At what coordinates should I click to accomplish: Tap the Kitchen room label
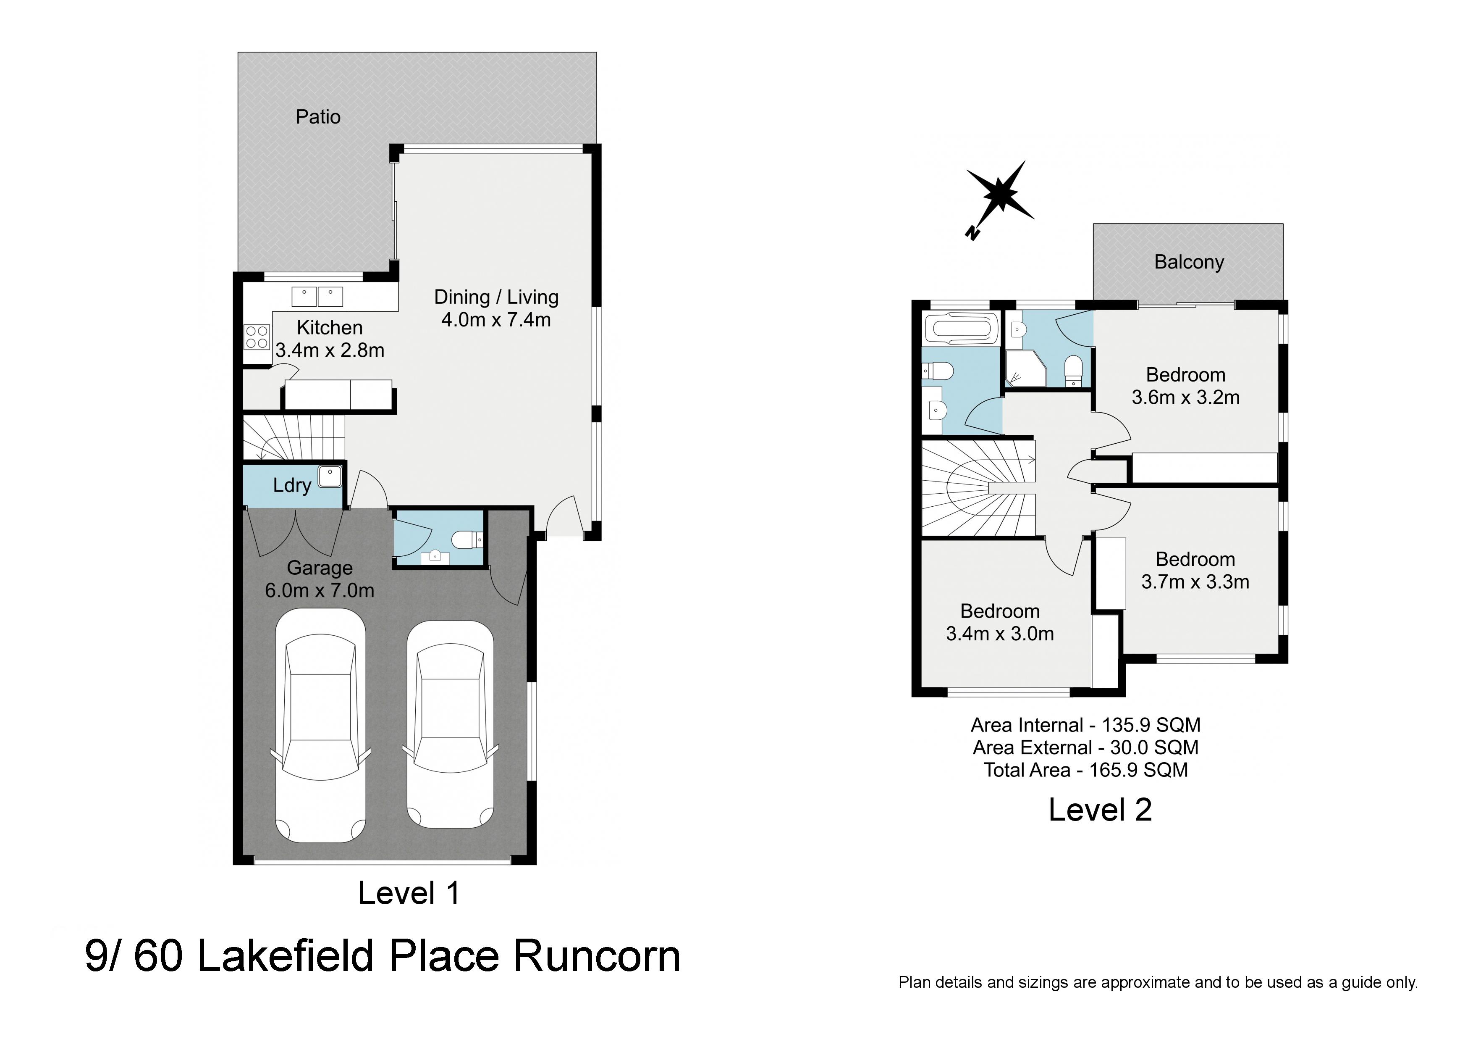coord(330,327)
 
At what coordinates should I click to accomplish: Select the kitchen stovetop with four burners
coord(257,337)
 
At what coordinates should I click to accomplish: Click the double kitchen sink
coord(317,297)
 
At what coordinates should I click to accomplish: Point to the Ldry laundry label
coord(292,485)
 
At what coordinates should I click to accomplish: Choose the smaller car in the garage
coord(451,724)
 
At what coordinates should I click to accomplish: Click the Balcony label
coord(1189,262)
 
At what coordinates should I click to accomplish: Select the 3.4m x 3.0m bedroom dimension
coord(999,634)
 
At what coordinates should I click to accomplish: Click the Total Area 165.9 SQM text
coord(1085,770)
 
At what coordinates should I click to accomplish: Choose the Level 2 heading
coord(1100,810)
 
